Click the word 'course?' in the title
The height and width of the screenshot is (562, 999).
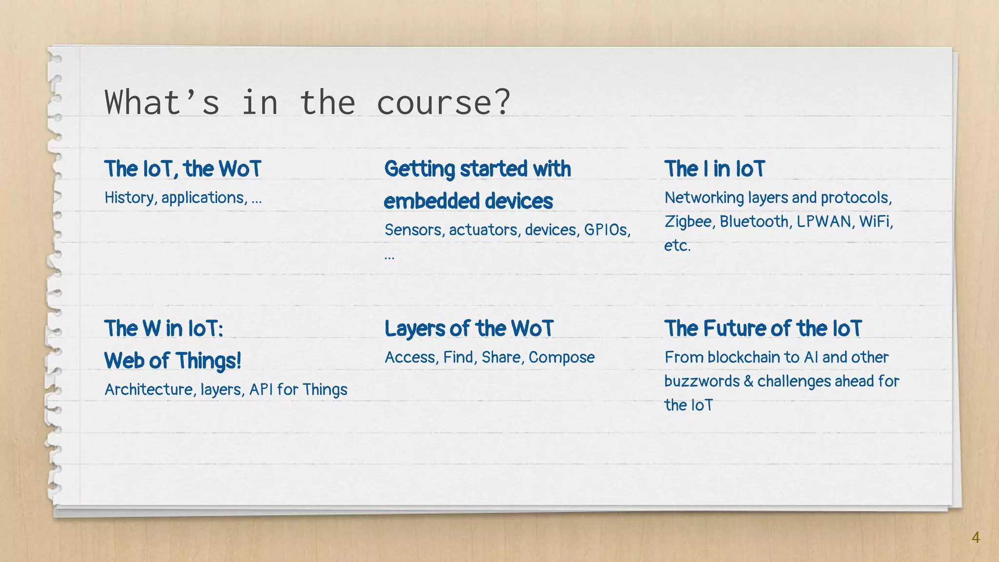pyautogui.click(x=443, y=103)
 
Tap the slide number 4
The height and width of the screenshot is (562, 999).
pyautogui.click(x=975, y=537)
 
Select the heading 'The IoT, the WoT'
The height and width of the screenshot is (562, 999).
pyautogui.click(x=183, y=169)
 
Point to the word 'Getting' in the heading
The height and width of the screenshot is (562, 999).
pyautogui.click(x=420, y=169)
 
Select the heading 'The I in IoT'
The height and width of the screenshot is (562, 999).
pyautogui.click(x=715, y=169)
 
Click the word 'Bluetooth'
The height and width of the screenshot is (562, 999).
pyautogui.click(x=754, y=221)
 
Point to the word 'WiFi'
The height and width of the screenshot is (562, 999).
pyautogui.click(x=876, y=221)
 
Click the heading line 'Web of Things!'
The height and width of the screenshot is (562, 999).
pyautogui.click(x=173, y=361)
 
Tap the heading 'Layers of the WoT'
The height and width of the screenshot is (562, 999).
pyautogui.click(x=469, y=328)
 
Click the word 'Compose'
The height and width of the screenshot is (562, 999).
pyautogui.click(x=561, y=358)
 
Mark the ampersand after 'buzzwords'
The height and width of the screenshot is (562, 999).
pyautogui.click(x=748, y=381)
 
